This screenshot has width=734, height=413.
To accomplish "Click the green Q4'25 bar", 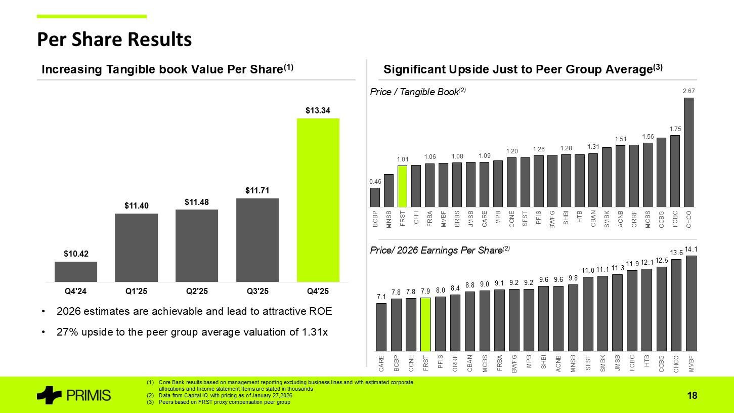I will [x=318, y=200].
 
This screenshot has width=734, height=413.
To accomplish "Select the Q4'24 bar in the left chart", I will [x=76, y=271].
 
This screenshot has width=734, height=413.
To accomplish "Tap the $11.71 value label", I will [x=257, y=190].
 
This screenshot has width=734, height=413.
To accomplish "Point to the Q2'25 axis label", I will [x=196, y=292].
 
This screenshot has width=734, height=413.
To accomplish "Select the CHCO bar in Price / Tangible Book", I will [x=688, y=152].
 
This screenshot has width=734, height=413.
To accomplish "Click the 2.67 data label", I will [x=688, y=91].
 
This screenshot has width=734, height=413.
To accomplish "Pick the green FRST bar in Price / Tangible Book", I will [x=402, y=186].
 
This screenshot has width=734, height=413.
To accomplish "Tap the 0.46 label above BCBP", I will [x=375, y=181].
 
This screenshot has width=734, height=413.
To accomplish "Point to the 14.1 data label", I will [x=691, y=249].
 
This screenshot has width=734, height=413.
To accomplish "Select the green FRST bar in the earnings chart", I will [x=425, y=324].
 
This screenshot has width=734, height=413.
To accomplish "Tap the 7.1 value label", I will [x=381, y=296].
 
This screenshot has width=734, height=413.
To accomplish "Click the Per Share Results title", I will [x=114, y=39].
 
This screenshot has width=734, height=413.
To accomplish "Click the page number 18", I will [x=693, y=396].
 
